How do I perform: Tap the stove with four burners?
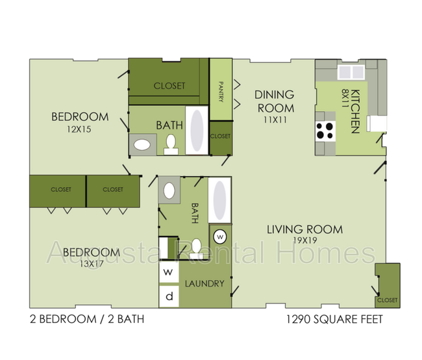click(x=325, y=131)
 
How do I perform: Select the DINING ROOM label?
click(x=275, y=101)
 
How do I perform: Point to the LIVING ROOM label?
click(x=304, y=229)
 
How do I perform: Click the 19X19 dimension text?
click(x=304, y=240)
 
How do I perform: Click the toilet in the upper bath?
click(x=171, y=144)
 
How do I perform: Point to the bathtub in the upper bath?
click(x=197, y=130)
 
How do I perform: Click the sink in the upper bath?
click(x=142, y=144)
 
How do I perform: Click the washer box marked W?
click(x=168, y=272)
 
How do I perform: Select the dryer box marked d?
click(x=168, y=296)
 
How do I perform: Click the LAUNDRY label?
click(x=205, y=284)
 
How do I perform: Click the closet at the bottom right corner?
click(x=386, y=286)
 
